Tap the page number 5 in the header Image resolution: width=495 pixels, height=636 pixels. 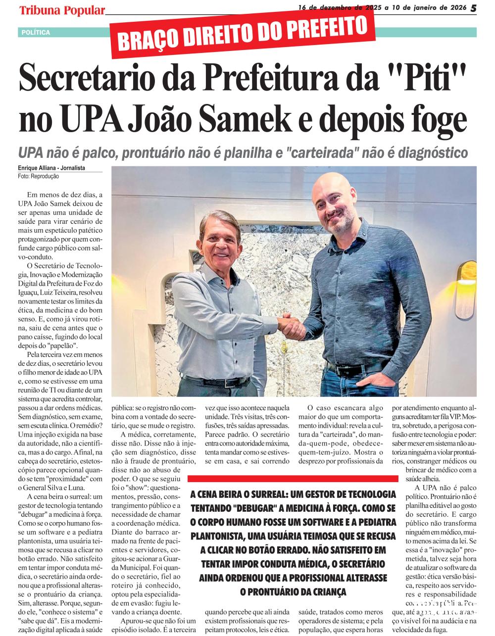click(x=474, y=8)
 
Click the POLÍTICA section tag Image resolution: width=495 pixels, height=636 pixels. click(x=36, y=33)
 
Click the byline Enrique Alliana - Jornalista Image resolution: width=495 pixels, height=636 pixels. click(x=51, y=168)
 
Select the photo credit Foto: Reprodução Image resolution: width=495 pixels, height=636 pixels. click(x=39, y=176)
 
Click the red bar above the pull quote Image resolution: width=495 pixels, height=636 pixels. click(x=293, y=479)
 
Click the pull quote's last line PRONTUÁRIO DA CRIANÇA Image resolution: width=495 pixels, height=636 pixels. click(x=293, y=591)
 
